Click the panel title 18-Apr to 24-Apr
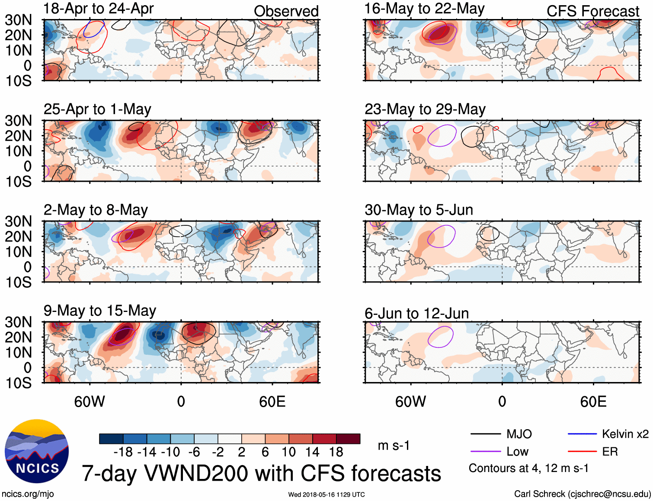coord(99,9)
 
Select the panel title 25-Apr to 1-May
coord(97,109)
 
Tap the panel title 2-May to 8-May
coord(96,210)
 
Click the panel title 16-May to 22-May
coord(425,9)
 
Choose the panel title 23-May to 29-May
coord(425,109)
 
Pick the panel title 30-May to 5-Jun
coord(419,210)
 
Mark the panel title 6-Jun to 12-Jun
coord(417,313)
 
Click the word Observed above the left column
coord(286,11)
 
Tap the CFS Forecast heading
coord(593,11)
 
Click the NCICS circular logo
coord(37,451)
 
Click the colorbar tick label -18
coord(123,452)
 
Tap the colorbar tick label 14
coord(312,452)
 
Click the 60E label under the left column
coord(272,401)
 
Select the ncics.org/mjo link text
coord(28,494)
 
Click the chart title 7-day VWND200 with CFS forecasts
coord(261,473)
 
